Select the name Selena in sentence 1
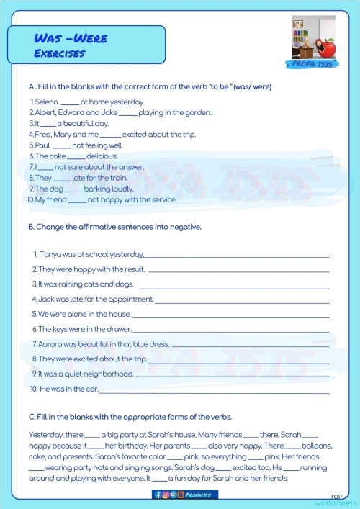point(46,102)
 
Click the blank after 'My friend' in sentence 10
point(77,199)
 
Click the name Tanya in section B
point(52,254)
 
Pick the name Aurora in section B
point(50,344)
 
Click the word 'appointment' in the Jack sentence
point(131,299)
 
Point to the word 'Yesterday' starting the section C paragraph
point(44,435)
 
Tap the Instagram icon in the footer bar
point(165,495)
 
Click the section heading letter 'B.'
point(31,227)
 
